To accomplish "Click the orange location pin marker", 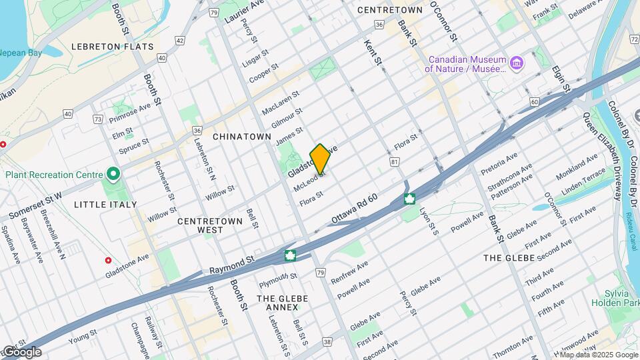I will coord(321,159).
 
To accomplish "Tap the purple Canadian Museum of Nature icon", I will coord(516,63).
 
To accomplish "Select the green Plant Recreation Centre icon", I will coord(113,175).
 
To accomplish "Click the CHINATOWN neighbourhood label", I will coord(242,137).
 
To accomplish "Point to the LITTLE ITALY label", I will coord(105,205).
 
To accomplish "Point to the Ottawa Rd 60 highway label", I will coord(355,210).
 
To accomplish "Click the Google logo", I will coord(21,352).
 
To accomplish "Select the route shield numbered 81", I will coord(395,161).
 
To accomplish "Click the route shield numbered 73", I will coord(98,119).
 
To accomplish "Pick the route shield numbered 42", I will coord(180,40).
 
